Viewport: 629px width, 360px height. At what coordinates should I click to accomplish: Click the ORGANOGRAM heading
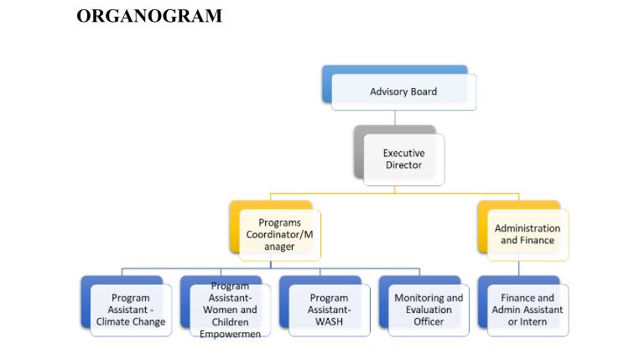pos(149,16)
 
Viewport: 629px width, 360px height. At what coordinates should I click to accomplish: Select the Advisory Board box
pos(403,91)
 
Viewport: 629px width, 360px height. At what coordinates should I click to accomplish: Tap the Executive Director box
pos(404,159)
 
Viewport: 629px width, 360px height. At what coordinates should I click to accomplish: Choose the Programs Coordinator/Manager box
pos(279,234)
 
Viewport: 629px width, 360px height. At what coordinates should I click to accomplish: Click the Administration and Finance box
pos(528,234)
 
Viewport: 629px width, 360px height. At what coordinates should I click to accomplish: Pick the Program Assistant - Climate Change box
pos(131,310)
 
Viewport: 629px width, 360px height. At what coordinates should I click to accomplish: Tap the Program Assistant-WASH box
pos(329,310)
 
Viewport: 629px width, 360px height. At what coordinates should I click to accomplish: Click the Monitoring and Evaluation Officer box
pos(428,310)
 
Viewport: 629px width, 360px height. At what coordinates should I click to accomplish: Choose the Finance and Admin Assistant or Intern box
pos(528,310)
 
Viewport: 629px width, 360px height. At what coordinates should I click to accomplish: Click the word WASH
pos(329,321)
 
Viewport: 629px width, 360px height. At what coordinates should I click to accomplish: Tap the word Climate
pos(114,321)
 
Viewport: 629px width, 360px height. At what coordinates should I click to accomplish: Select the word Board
pos(423,91)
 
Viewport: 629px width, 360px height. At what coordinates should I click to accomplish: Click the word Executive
pos(404,153)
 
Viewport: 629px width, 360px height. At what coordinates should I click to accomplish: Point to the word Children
pos(230,321)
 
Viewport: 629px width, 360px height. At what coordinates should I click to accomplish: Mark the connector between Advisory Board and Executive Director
pos(395,118)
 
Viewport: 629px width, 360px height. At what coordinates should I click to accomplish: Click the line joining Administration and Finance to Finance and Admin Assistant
pos(519,268)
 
